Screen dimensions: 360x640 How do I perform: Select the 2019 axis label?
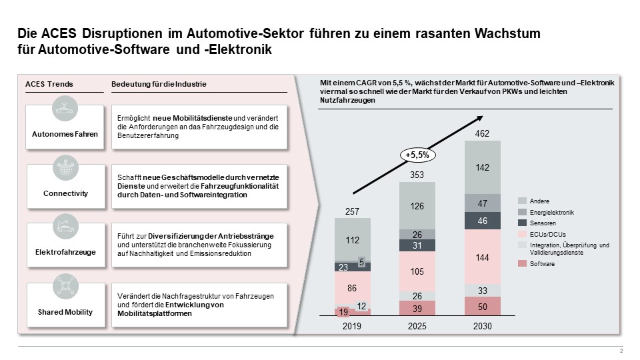353,327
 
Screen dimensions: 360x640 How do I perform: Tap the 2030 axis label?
482,327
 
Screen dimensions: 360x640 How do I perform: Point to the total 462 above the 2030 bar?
482,134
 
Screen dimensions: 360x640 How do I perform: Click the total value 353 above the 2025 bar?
417,175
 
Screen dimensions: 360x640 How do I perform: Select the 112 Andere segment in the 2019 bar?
353,239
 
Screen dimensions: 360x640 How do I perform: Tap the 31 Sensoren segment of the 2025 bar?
417,245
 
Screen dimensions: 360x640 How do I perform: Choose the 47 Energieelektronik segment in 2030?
482,203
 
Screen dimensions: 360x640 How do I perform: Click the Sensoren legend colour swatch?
522,223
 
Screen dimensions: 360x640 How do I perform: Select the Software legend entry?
542,264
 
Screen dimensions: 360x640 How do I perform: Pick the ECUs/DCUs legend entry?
544,234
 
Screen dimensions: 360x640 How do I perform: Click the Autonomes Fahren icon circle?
65,109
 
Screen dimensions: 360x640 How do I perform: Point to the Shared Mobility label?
65,312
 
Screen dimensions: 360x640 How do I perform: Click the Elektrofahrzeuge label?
65,253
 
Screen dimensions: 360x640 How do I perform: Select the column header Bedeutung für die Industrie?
158,84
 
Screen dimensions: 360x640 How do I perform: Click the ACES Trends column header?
49,84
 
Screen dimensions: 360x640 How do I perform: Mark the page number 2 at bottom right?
621,351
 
